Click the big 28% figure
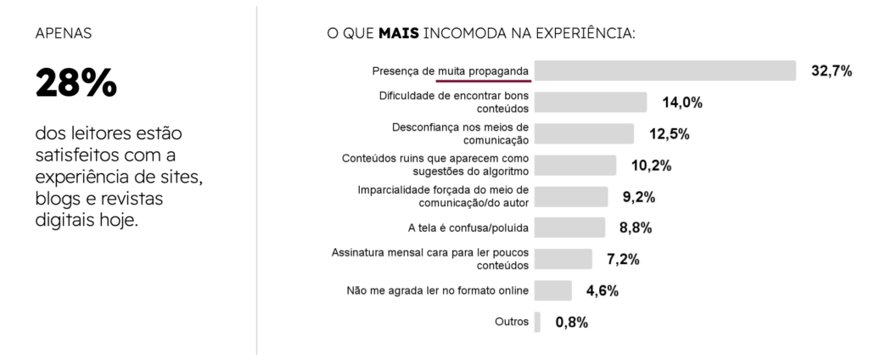click(76, 83)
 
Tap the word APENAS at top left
click(64, 35)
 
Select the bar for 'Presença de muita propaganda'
click(665, 70)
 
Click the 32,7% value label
click(831, 71)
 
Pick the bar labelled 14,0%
click(591, 103)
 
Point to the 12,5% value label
click(668, 134)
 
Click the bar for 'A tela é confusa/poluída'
click(569, 228)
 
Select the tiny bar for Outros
click(537, 322)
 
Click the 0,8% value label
click(572, 323)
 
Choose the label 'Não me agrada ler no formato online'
click(438, 290)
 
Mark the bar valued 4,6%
click(552, 290)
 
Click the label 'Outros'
click(512, 322)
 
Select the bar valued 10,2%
click(575, 165)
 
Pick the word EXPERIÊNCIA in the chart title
click(585, 35)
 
